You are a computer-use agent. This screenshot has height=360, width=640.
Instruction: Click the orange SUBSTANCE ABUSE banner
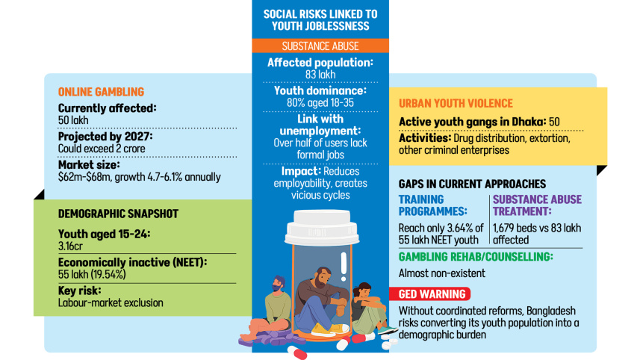[x=320, y=46]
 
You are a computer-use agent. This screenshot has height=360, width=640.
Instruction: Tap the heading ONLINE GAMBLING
[x=101, y=92]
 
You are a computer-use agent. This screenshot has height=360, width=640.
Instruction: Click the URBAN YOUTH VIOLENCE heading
[x=456, y=104]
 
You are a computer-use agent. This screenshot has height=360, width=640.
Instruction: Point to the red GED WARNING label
[x=432, y=294]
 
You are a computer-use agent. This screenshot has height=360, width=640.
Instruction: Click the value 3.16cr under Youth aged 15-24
[x=71, y=245]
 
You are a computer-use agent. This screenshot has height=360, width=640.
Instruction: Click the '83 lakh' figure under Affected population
[x=320, y=75]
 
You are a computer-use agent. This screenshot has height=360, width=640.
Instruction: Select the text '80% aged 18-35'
[x=320, y=102]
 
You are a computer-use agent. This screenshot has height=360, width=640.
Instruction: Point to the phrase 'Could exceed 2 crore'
[x=102, y=149]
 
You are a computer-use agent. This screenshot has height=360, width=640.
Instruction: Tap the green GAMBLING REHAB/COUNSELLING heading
[x=475, y=256]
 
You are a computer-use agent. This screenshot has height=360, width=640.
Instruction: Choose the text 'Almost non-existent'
[x=441, y=273]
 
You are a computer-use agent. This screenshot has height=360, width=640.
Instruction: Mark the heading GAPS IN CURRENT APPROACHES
[x=472, y=184]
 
